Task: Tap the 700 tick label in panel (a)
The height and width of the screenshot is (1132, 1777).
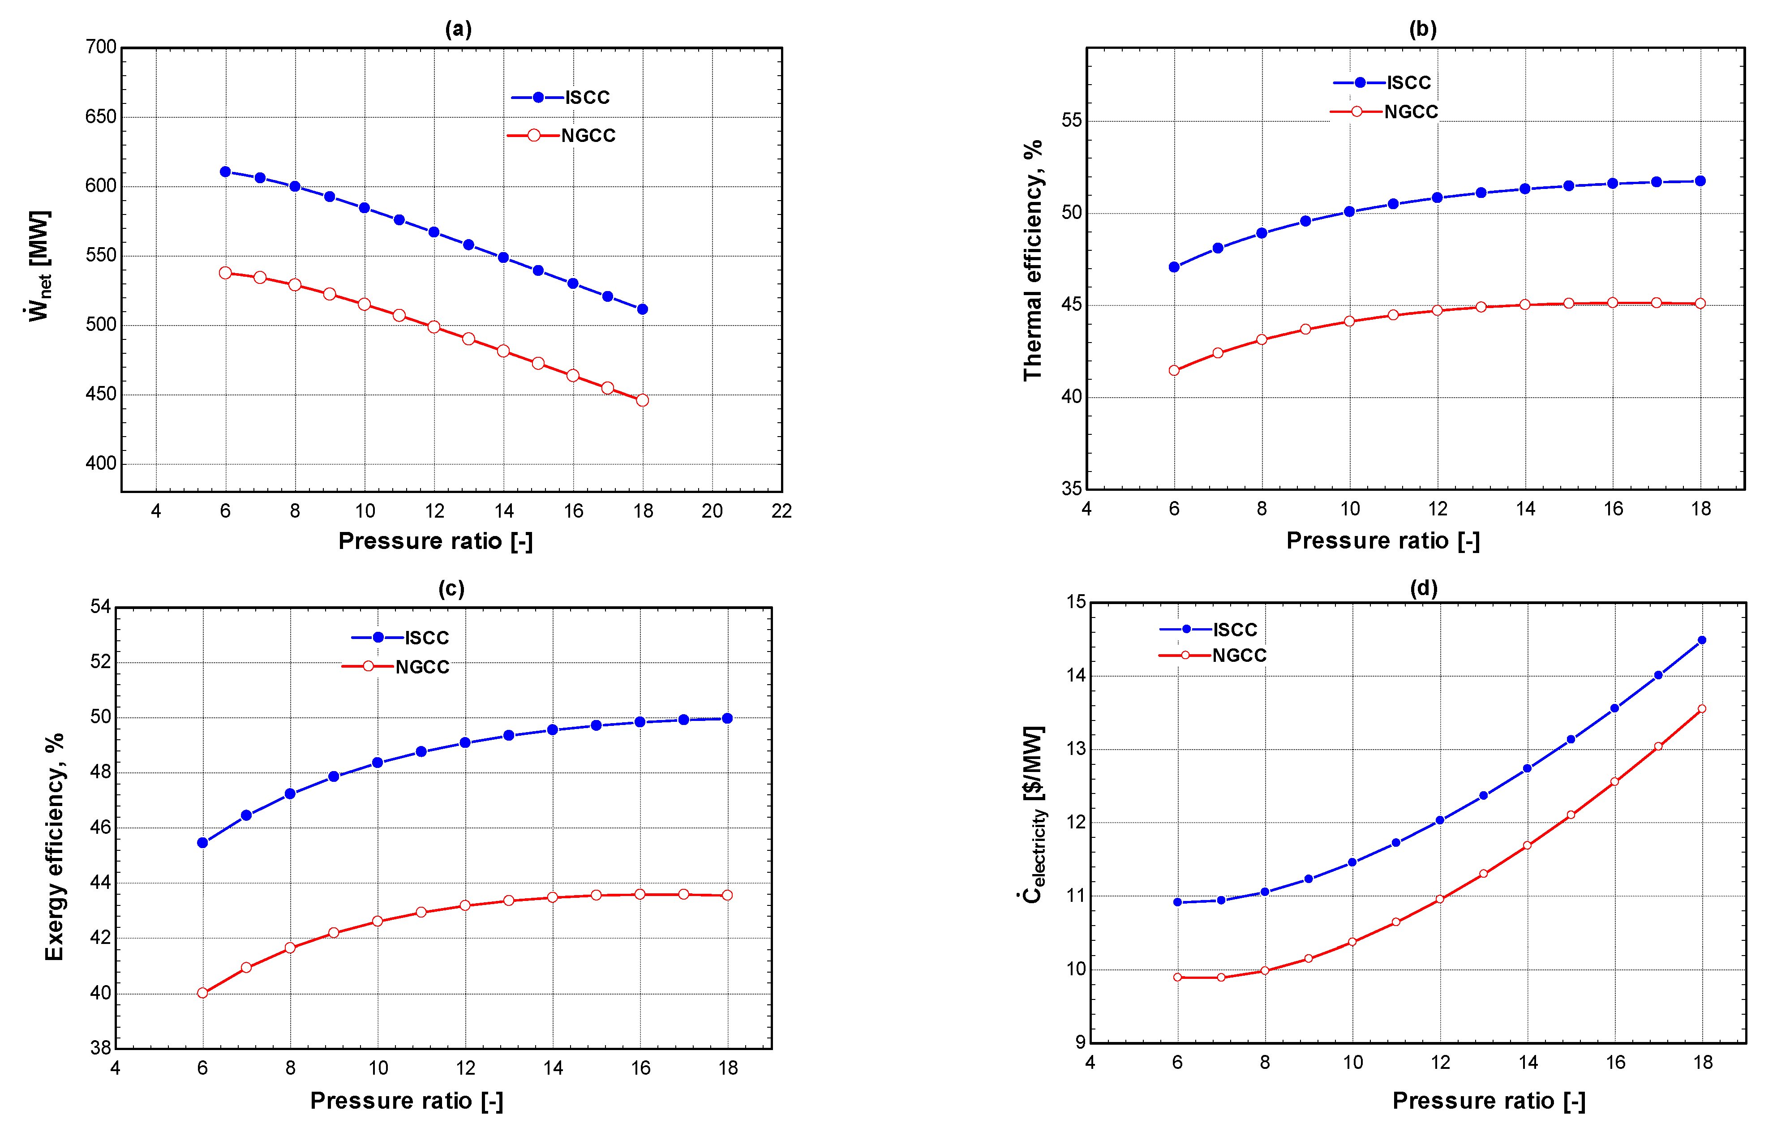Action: click(x=101, y=47)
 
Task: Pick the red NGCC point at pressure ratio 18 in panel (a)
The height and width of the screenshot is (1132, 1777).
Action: click(x=642, y=400)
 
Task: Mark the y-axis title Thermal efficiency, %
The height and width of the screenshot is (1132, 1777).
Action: click(x=1032, y=260)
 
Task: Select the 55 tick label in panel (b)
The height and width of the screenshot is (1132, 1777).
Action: click(x=1071, y=120)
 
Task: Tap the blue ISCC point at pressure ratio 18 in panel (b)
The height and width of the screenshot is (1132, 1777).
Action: click(x=1700, y=181)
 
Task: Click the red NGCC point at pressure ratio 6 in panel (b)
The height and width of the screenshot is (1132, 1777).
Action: click(x=1174, y=370)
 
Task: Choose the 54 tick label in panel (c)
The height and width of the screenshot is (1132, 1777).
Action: click(x=100, y=607)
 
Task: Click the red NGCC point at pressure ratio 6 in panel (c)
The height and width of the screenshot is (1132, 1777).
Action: click(x=203, y=993)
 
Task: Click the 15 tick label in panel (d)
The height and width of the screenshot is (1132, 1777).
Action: click(x=1076, y=602)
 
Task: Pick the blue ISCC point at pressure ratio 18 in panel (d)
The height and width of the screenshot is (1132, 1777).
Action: click(x=1702, y=640)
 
